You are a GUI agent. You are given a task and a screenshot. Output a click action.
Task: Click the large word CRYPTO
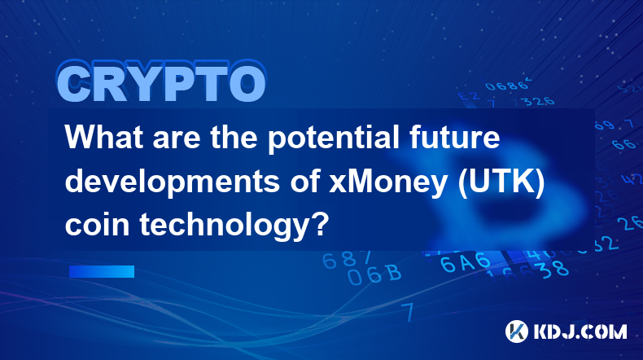[x=162, y=82]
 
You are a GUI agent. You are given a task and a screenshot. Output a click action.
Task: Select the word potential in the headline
[x=334, y=139]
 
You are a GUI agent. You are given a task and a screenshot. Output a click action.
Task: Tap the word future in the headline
[x=454, y=137]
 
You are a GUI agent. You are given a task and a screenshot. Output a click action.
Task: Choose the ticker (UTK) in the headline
[x=501, y=182]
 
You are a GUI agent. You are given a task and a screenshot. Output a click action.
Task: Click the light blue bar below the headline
[x=102, y=271]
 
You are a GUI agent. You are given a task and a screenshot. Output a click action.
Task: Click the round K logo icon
[x=516, y=331]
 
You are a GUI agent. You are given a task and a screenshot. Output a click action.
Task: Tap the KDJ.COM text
[x=580, y=331]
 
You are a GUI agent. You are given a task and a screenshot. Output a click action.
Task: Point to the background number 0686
[x=507, y=85]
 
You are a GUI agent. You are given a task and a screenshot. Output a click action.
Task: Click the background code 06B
[x=374, y=274]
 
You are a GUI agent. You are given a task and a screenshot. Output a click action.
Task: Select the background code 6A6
[x=465, y=262]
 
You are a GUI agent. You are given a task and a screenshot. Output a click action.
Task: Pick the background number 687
[x=347, y=260]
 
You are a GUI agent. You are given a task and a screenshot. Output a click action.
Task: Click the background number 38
[x=553, y=270]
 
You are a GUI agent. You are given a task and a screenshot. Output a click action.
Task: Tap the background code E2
[x=469, y=97]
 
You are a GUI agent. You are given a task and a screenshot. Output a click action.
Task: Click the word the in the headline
[x=234, y=137]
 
